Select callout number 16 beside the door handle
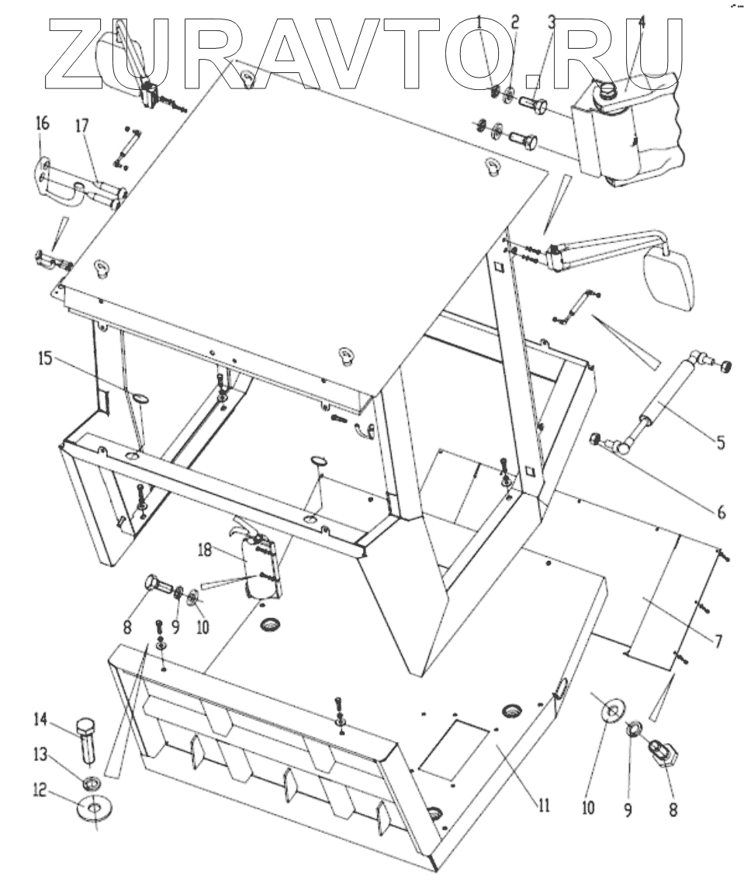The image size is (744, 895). click(42, 123)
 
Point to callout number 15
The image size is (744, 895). click(46, 360)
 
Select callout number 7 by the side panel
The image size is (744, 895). click(718, 641)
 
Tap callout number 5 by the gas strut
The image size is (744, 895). click(720, 443)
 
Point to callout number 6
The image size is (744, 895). click(720, 512)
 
